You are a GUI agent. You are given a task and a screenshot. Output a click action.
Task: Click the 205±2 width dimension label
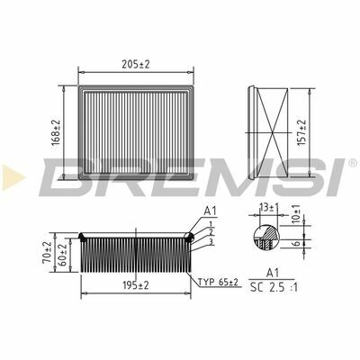(x=135, y=64)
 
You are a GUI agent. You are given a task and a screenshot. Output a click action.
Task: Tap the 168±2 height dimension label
(x=56, y=133)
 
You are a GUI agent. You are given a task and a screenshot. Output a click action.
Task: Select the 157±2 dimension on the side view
(x=301, y=132)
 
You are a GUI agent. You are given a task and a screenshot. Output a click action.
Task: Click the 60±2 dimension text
(x=63, y=256)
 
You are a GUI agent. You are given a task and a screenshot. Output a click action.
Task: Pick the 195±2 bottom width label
(x=136, y=285)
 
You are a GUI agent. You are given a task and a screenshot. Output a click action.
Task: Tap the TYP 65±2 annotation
(x=218, y=282)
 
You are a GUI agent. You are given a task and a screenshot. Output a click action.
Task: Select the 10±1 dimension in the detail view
(x=296, y=214)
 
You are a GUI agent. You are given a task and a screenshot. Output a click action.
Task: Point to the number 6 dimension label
(x=296, y=243)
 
